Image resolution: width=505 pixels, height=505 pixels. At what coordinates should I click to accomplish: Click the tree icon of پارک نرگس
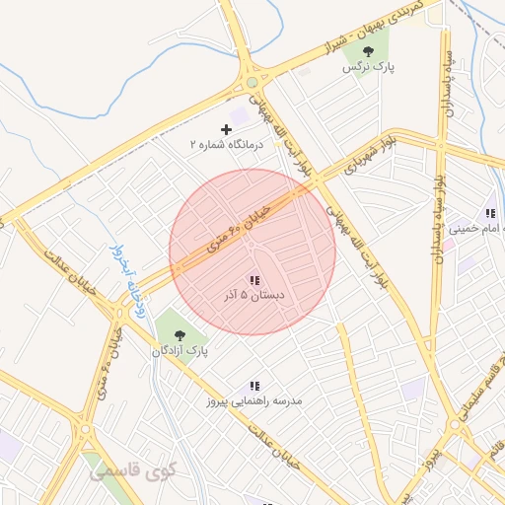point(369,51)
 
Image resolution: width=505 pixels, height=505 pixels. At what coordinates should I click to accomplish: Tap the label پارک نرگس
point(362,68)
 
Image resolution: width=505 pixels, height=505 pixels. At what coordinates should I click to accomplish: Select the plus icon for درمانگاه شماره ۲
point(227,129)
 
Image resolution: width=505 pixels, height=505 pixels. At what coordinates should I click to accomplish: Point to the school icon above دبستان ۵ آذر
point(254,280)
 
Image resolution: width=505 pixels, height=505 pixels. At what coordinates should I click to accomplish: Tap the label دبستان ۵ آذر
point(254,295)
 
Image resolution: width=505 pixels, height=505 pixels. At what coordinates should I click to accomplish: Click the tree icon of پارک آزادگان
point(179,335)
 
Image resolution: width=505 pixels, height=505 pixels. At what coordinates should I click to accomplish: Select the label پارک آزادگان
point(180,351)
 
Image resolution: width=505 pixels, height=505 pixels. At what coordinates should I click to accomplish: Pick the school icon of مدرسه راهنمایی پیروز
point(254,387)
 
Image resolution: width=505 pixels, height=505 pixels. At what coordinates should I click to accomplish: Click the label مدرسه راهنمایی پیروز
point(254,401)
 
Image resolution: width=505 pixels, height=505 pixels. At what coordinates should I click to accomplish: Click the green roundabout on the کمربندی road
point(252,82)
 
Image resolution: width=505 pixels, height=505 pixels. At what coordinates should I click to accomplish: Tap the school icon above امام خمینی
point(489,213)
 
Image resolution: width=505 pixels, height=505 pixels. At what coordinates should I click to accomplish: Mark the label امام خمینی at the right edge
point(477,229)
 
